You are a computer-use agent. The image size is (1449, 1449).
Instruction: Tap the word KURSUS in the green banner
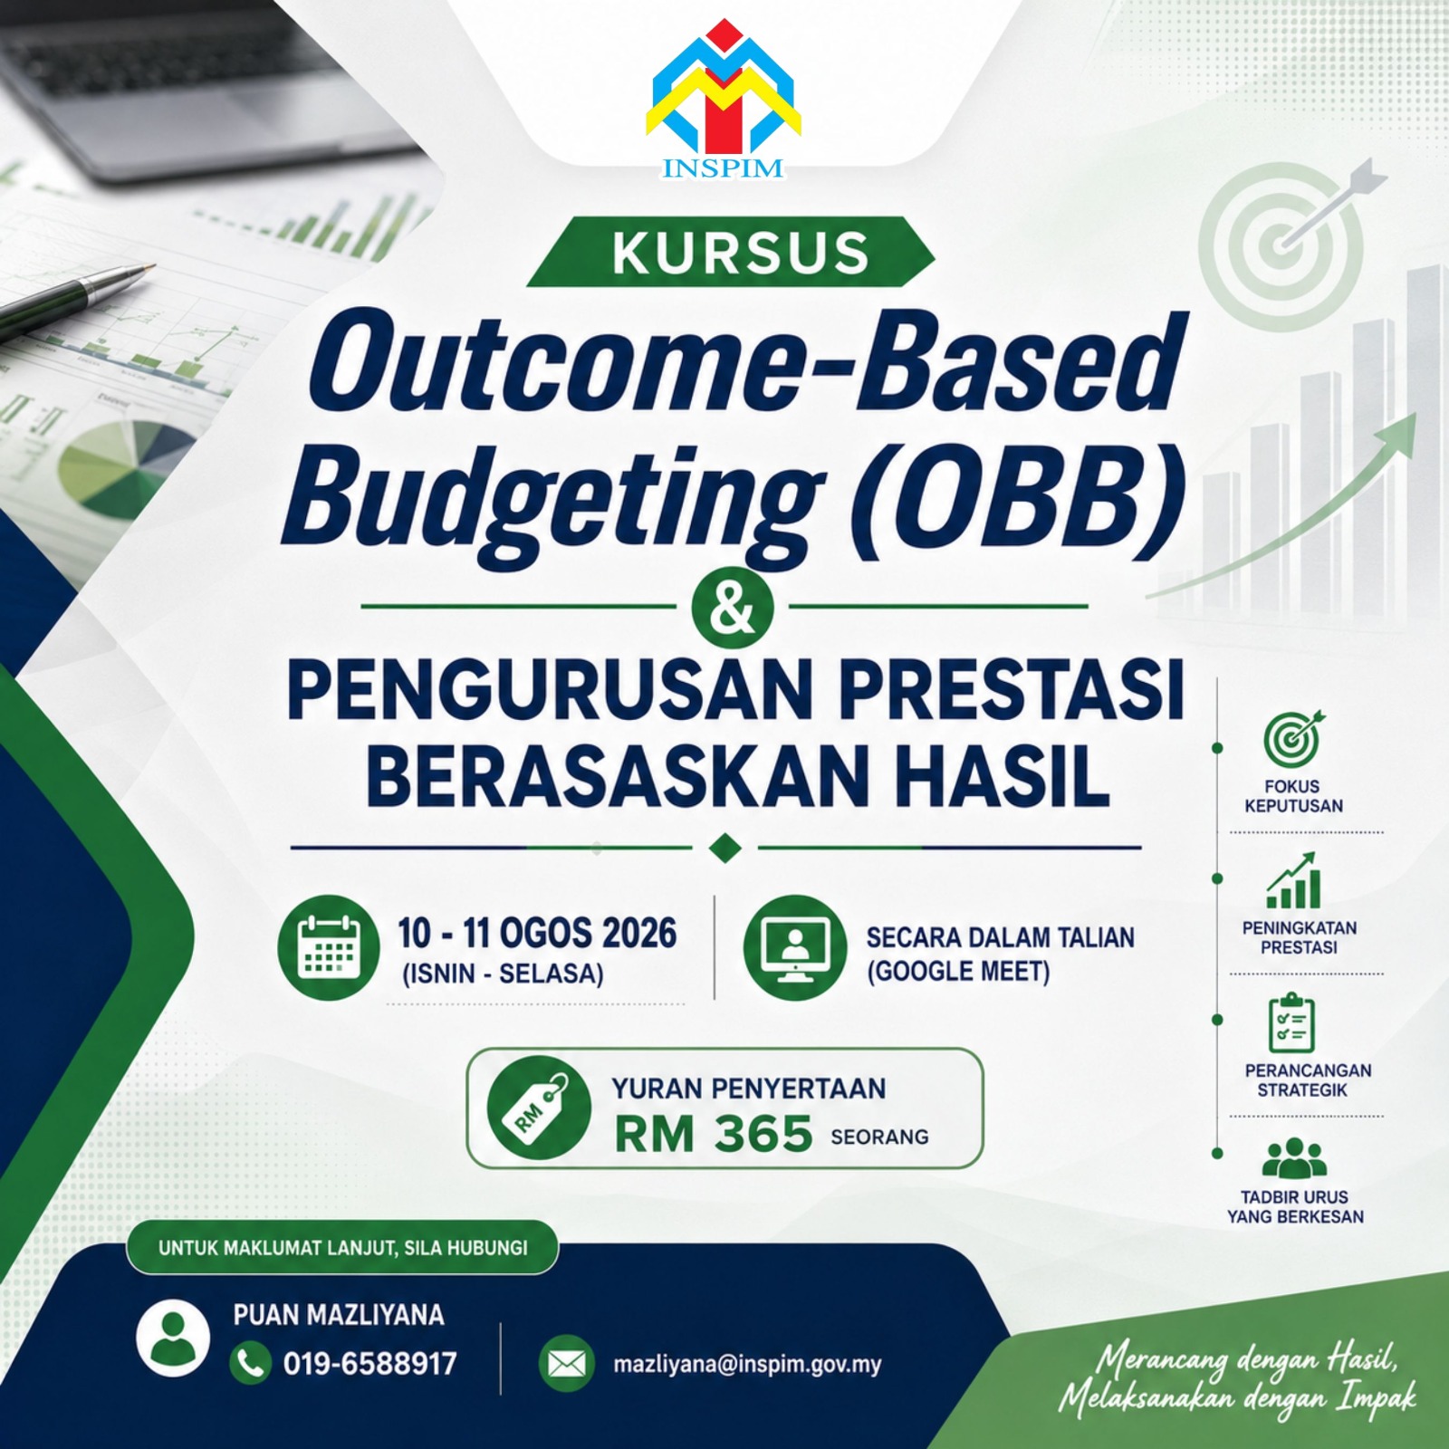tap(740, 253)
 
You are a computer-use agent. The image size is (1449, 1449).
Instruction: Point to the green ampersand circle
tap(733, 607)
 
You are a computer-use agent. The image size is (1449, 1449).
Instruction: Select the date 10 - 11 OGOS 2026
tap(537, 933)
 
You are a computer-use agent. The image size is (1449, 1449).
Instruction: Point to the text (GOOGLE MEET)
tap(958, 972)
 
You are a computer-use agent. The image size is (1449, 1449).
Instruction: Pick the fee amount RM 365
tap(714, 1134)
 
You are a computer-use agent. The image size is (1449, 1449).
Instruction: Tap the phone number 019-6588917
tap(369, 1363)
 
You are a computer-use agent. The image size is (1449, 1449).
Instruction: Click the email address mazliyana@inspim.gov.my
tap(747, 1365)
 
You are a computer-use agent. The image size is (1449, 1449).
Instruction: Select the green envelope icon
tap(568, 1364)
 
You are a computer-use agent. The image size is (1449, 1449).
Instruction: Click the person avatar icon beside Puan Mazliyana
tap(173, 1337)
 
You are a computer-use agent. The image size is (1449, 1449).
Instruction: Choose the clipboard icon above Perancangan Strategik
tap(1291, 1023)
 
